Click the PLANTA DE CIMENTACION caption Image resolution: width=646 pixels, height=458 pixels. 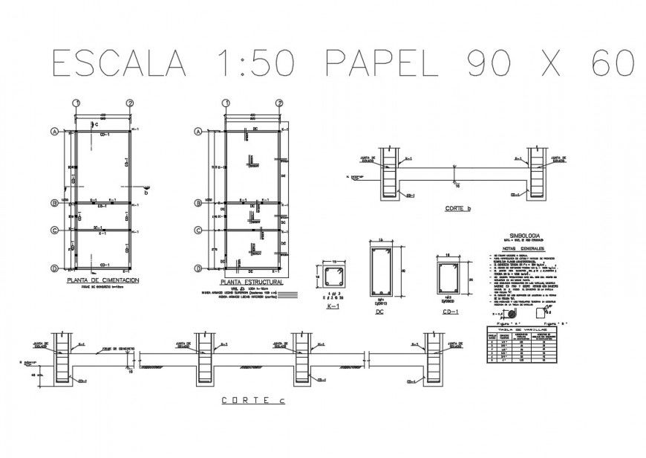103,280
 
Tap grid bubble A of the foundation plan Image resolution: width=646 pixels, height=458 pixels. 54,132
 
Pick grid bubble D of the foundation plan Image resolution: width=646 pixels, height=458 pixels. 54,268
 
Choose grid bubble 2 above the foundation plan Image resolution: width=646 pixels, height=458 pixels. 130,103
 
